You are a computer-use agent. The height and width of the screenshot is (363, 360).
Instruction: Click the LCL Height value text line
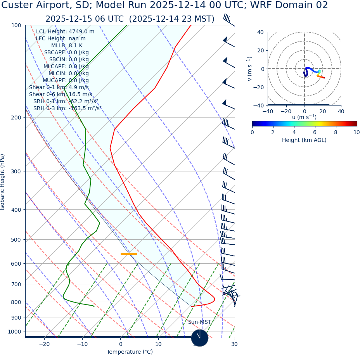pyautogui.click(x=65, y=31)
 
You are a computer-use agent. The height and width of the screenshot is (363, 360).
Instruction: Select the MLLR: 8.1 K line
pyautogui.click(x=67, y=45)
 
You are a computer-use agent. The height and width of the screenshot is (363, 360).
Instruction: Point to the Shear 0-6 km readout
pyautogui.click(x=61, y=94)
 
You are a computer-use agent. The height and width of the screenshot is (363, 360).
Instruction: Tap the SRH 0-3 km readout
pyautogui.click(x=67, y=108)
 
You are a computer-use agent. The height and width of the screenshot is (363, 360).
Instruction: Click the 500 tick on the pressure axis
pyautogui.click(x=16, y=240)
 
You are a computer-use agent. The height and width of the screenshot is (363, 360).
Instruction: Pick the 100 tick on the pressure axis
pyautogui.click(x=16, y=25)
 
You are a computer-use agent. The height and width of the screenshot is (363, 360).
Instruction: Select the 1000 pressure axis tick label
pyautogui.click(x=14, y=332)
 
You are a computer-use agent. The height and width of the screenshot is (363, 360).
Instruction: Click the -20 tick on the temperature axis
pyautogui.click(x=44, y=344)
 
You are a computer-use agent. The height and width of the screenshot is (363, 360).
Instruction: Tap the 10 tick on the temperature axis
pyautogui.click(x=158, y=344)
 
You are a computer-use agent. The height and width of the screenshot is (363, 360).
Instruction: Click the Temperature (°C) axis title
pyautogui.click(x=130, y=352)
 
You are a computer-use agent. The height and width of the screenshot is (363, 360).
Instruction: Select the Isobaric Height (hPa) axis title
pyautogui.click(x=3, y=182)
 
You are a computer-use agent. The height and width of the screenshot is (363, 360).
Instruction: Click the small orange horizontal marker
pyautogui.click(x=128, y=254)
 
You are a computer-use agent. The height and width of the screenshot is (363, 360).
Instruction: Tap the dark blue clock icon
pyautogui.click(x=200, y=338)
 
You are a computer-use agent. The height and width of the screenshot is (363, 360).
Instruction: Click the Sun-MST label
pyautogui.click(x=199, y=322)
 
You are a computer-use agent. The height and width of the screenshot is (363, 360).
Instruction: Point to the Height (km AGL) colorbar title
pyautogui.click(x=304, y=140)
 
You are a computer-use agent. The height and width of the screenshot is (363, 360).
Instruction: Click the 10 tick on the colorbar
pyautogui.click(x=357, y=132)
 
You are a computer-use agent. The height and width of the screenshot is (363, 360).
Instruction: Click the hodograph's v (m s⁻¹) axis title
pyautogui.click(x=249, y=69)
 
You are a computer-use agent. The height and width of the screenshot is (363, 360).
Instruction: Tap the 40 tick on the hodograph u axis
pyautogui.click(x=341, y=111)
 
